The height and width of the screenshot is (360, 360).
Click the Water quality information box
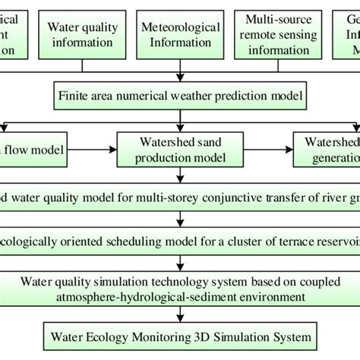84,34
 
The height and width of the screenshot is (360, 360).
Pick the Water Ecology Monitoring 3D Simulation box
179,334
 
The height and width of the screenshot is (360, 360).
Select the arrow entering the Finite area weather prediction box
179,78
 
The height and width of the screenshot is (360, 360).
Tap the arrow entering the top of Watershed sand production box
179,126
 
